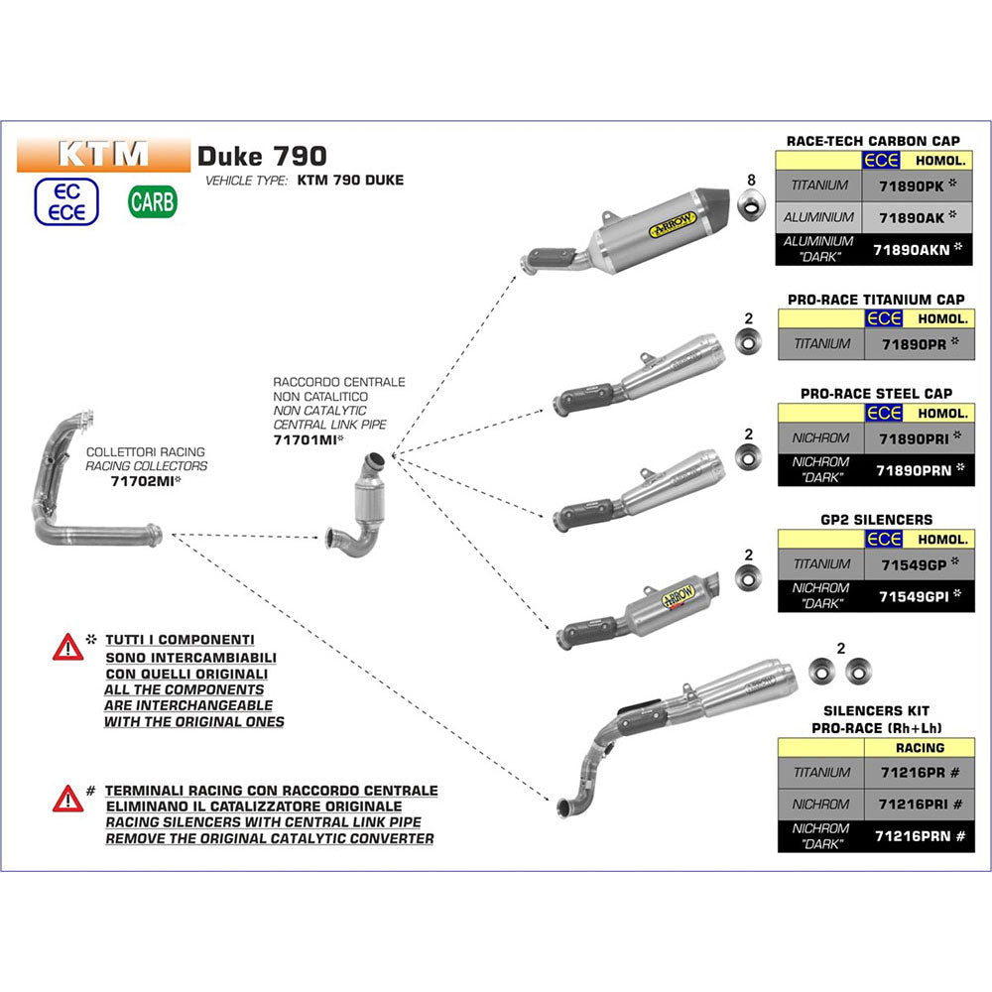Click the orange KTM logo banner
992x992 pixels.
tap(103, 154)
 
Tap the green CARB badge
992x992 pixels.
tap(153, 201)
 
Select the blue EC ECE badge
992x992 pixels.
tap(66, 201)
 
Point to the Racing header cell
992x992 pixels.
tap(919, 748)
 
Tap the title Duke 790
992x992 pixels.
tap(261, 155)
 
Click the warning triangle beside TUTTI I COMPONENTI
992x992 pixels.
tap(67, 649)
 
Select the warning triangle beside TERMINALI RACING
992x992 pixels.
tap(67, 798)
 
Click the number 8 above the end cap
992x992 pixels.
tap(751, 180)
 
